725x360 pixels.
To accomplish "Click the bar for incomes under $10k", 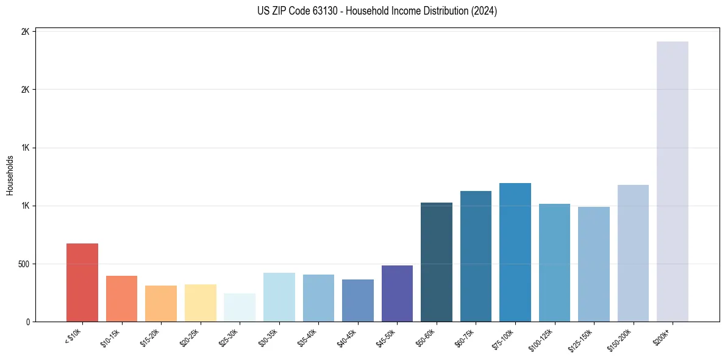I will point(82,283).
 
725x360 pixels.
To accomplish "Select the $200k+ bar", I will point(672,181).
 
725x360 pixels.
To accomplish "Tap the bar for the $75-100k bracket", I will point(515,252).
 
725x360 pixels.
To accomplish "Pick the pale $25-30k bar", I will point(240,308).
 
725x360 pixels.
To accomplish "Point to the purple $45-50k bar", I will point(397,293).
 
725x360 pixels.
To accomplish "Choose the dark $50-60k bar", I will point(437,262).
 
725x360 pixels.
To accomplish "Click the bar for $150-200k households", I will point(633,253).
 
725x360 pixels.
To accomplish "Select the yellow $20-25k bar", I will point(201,303).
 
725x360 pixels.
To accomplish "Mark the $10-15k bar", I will point(121,298).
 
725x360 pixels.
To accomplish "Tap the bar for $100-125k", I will point(554,262).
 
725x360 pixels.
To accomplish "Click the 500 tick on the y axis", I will point(24,264).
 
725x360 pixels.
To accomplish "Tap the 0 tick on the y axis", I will point(28,322).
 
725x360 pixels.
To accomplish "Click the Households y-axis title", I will point(10,175).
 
